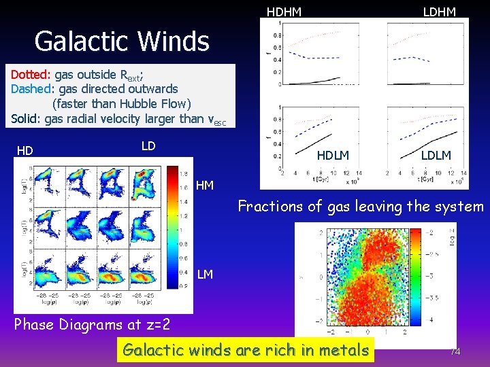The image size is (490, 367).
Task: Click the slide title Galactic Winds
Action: pyautogui.click(x=122, y=41)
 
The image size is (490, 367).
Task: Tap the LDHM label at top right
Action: pyautogui.click(x=439, y=12)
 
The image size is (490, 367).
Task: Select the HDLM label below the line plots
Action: pyautogui.click(x=333, y=156)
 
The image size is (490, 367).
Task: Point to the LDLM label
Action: pyautogui.click(x=436, y=156)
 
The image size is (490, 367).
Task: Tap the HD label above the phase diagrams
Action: pyautogui.click(x=25, y=150)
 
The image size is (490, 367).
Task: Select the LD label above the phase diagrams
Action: pyautogui.click(x=148, y=146)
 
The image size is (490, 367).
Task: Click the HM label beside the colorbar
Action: pyautogui.click(x=205, y=185)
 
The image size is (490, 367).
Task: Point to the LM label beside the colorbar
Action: pyautogui.click(x=205, y=274)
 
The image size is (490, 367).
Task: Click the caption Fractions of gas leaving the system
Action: pyautogui.click(x=360, y=207)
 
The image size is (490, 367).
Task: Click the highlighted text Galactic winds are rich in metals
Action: pyautogui.click(x=245, y=351)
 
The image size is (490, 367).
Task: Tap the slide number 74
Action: pyautogui.click(x=455, y=351)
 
